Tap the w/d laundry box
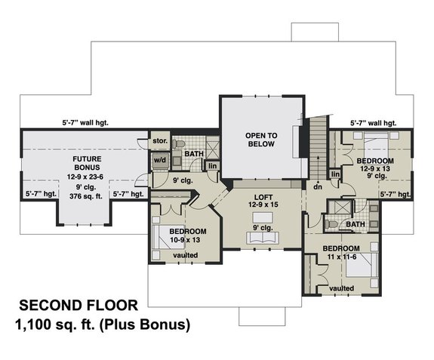159,160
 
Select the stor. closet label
159,140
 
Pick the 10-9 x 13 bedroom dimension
185,239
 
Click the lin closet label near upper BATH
213,165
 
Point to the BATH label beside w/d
195,154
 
